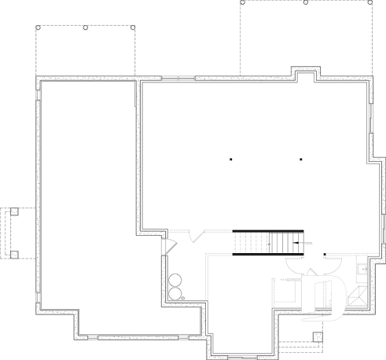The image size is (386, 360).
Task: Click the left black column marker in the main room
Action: (232, 160)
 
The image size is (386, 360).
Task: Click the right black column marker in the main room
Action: (302, 160)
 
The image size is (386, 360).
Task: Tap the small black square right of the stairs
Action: (325, 254)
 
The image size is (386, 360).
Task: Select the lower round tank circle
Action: (174, 293)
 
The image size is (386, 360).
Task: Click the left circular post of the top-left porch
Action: (37, 28)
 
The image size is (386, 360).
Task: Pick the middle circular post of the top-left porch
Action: (85, 28)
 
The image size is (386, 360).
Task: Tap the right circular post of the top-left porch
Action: (134, 28)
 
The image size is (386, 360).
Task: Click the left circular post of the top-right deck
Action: (242, 2)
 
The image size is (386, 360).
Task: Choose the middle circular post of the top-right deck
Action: (305, 2)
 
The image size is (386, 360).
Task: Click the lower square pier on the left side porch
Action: (13, 255)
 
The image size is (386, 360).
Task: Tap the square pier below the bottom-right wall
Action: (318, 337)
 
